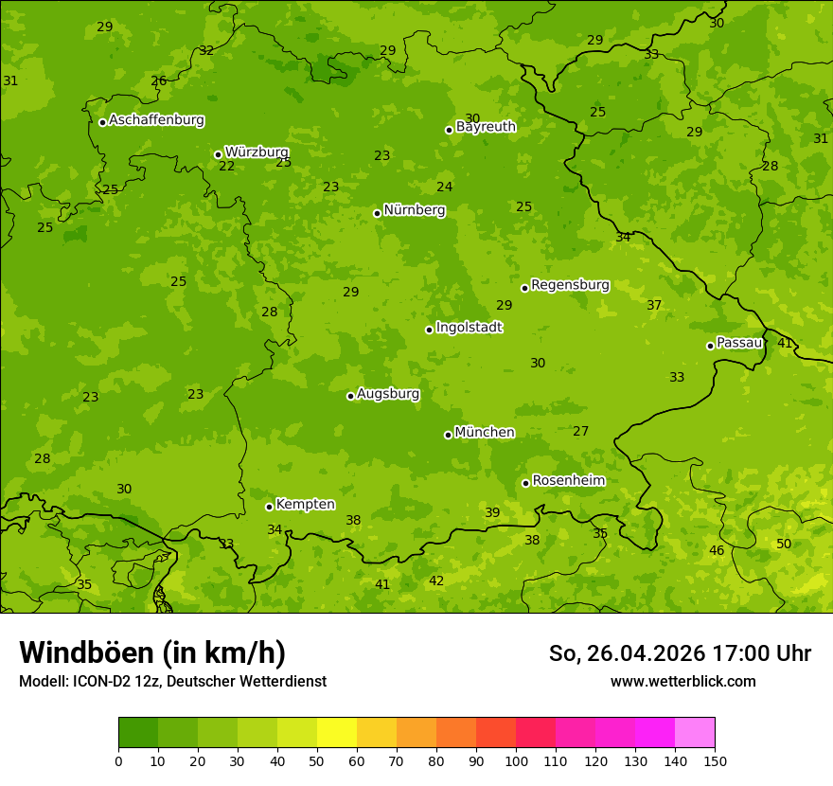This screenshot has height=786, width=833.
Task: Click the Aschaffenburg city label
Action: click(156, 120)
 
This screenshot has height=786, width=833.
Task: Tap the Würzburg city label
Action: click(257, 152)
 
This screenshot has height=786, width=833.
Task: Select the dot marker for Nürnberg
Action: click(377, 213)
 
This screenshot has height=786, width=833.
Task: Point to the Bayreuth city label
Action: click(486, 127)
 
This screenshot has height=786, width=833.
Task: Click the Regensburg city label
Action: click(570, 285)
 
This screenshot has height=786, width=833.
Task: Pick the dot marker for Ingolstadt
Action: click(429, 330)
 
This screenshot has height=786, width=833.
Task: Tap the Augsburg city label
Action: click(388, 394)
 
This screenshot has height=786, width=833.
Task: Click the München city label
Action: click(485, 433)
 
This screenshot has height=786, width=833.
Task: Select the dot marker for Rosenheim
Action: click(525, 483)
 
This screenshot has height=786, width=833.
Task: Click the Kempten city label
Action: click(305, 505)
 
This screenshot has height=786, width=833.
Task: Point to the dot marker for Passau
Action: click(710, 346)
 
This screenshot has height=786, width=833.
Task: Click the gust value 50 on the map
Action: click(784, 544)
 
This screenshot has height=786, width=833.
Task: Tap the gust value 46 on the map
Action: click(717, 550)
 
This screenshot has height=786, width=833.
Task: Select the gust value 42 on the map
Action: click(436, 581)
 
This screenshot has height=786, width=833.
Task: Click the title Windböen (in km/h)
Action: click(152, 652)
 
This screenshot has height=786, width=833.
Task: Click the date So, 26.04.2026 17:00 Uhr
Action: click(680, 653)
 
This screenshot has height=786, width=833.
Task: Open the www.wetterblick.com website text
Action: click(682, 681)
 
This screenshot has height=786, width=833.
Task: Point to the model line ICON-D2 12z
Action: click(172, 681)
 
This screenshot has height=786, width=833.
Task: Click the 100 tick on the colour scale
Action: click(516, 759)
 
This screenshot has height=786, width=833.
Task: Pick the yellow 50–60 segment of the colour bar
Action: click(337, 733)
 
